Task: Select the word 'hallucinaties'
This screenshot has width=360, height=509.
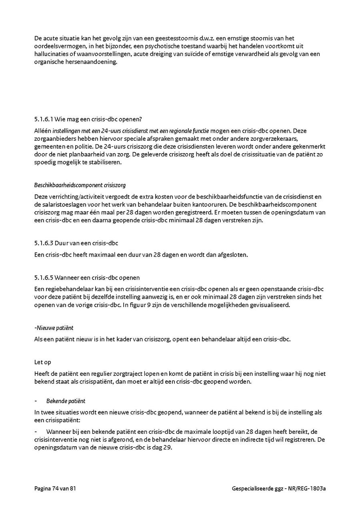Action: pyautogui.click(x=50, y=54)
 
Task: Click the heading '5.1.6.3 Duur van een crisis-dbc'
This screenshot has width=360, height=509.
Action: pyautogui.click(x=76, y=243)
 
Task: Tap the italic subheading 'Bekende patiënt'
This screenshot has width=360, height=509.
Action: pyautogui.click(x=66, y=401)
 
